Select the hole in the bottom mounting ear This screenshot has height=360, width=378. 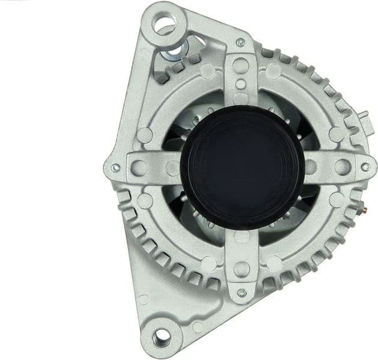click(160, 337)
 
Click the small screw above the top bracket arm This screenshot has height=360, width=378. click(240, 42)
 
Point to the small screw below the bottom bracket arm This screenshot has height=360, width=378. click(242, 293)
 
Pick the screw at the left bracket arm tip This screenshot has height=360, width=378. click(115, 168)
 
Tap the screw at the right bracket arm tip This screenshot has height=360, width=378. click(365, 167)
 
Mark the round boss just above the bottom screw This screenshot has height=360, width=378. click(241, 269)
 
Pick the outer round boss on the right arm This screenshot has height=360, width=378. click(341, 166)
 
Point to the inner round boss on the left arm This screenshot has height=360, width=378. click(172, 168)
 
